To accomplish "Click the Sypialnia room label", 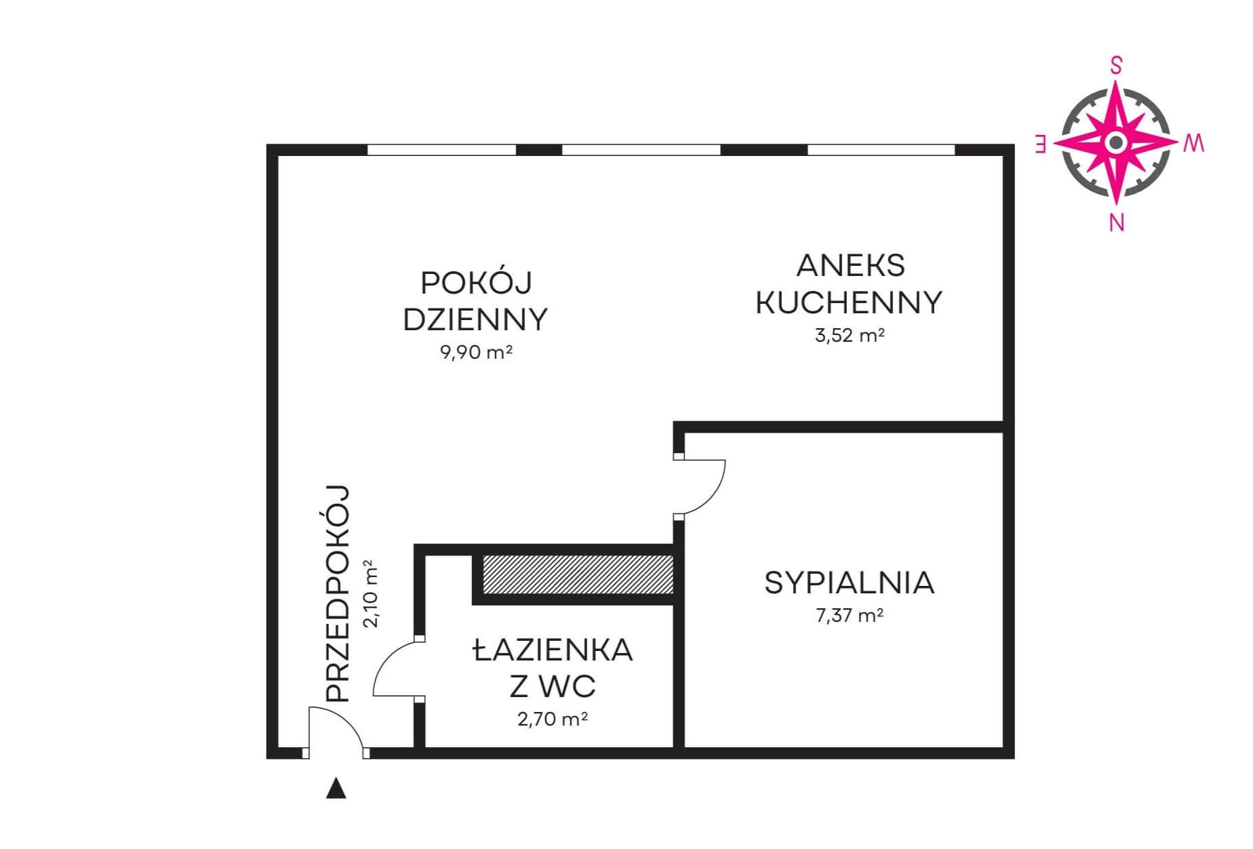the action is pos(849,583).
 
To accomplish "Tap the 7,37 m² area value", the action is pos(850,616).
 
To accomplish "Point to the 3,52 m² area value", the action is pos(850,335).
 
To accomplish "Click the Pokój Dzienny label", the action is pos(475,301).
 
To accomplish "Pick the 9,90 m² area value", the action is pos(476,353).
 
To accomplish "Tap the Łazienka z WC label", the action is pos(553,669).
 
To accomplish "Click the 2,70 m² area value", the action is pos(553,719).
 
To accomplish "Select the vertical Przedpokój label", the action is pos(337,593).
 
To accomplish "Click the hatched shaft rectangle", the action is pos(577,575).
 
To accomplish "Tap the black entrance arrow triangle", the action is pos(336,789).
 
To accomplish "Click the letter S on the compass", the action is pos(1116,66).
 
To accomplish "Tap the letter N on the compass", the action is pos(1117,222).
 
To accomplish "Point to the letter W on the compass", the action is pos(1195,143).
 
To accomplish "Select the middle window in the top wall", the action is pos(641,150).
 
